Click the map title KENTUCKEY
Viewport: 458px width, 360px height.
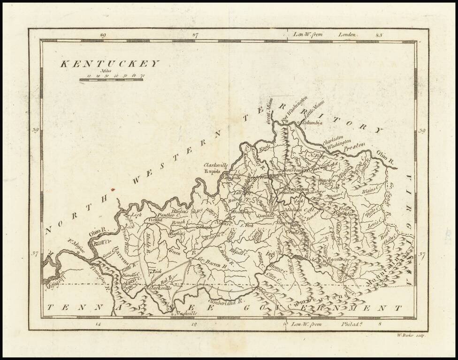(x=110, y=64)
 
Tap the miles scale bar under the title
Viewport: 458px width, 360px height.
(x=111, y=80)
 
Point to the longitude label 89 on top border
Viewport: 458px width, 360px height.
(x=103, y=35)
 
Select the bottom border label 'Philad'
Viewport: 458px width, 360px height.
(x=349, y=323)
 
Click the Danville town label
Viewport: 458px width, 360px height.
(x=266, y=217)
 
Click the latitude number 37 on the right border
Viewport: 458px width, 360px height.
(x=422, y=255)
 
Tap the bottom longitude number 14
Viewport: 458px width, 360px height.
(x=98, y=323)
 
